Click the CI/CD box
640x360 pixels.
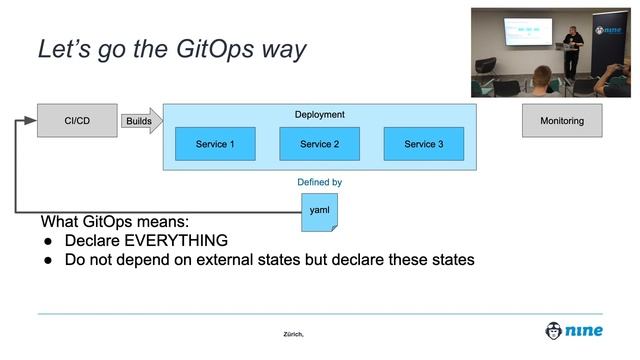tap(77, 121)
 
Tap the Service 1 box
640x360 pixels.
tap(215, 144)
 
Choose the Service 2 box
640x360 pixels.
tap(319, 144)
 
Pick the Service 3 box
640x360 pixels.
tap(423, 144)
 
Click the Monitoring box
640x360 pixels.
tap(561, 121)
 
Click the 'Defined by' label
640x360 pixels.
tap(319, 182)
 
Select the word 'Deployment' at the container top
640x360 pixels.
tap(319, 115)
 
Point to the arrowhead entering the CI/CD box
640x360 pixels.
tap(31, 121)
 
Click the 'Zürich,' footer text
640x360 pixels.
tap(293, 334)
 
